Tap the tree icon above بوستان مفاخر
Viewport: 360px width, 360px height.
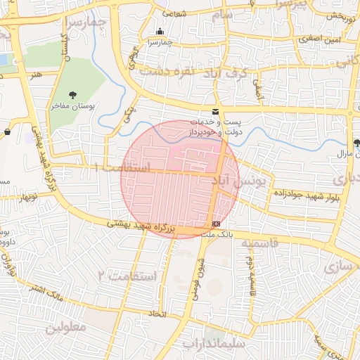click(72, 94)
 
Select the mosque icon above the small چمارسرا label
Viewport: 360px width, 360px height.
click(160, 31)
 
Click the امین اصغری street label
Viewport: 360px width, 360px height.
click(321, 39)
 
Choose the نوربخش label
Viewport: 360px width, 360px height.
click(337, 15)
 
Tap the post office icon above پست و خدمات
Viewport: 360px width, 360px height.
click(215, 112)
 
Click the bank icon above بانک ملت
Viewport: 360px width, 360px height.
click(215, 224)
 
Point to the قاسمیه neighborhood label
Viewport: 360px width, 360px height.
click(260, 243)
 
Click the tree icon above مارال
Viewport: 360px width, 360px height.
click(356, 143)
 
